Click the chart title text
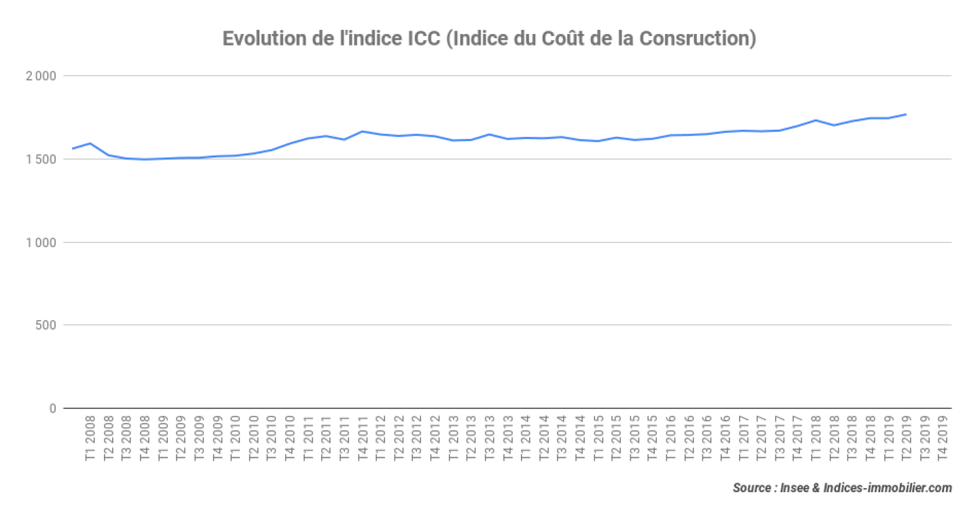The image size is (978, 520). tap(489, 39)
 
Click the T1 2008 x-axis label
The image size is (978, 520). tap(90, 440)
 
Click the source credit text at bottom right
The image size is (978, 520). tap(842, 488)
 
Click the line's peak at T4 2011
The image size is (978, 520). tap(363, 131)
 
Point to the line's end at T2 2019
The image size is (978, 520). tap(906, 114)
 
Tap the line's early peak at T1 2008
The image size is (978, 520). tap(90, 143)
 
